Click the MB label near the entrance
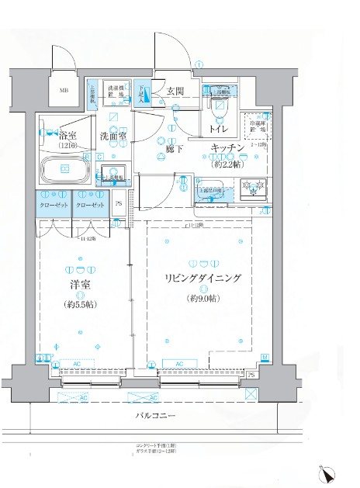pyautogui.click(x=64, y=90)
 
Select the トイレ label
pyautogui.click(x=218, y=130)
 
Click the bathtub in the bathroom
pyautogui.click(x=64, y=168)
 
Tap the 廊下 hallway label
pyautogui.click(x=173, y=148)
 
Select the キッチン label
pyautogui.click(x=226, y=147)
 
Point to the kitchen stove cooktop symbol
pyautogui.click(x=254, y=186)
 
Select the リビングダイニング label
pyautogui.click(x=204, y=278)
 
